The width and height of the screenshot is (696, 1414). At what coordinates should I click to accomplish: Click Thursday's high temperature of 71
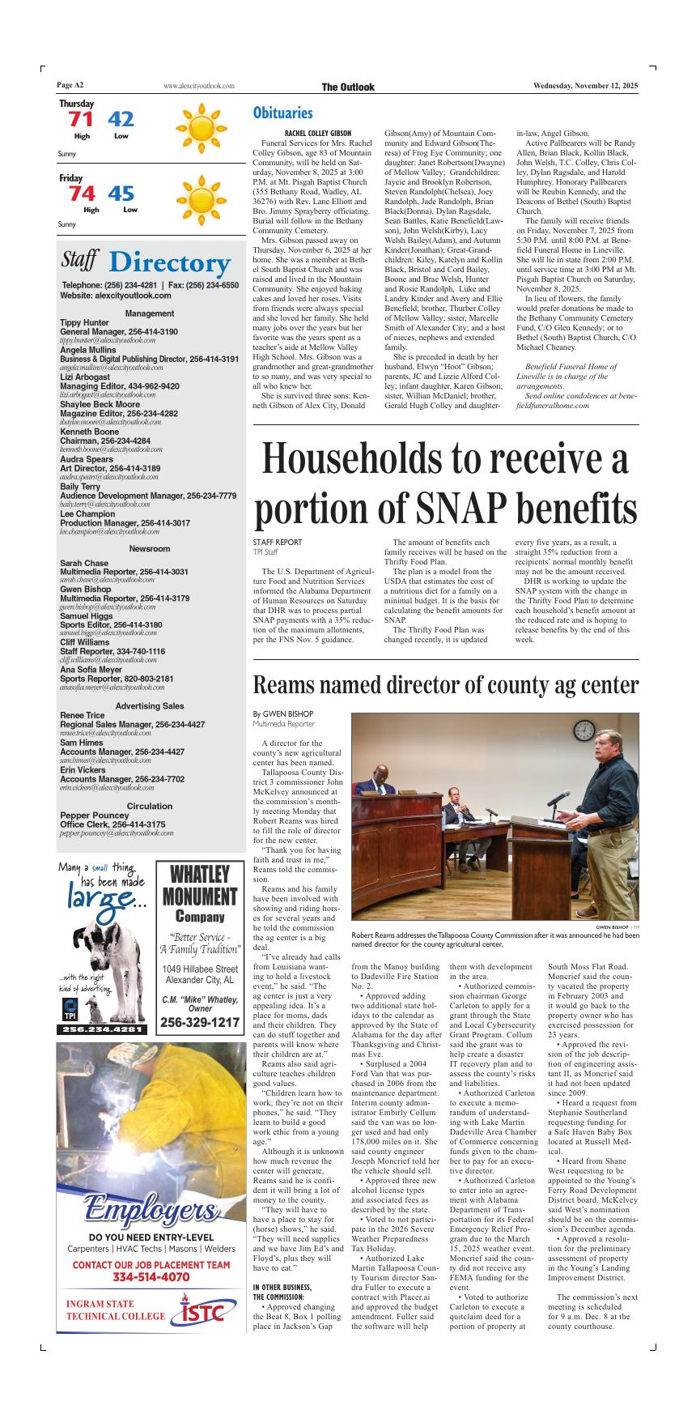click(x=80, y=120)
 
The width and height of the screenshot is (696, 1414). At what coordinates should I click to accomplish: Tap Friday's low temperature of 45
click(x=121, y=194)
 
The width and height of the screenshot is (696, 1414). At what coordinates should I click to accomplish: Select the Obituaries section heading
click(x=282, y=113)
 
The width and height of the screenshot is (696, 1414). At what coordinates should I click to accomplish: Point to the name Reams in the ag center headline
click(x=289, y=685)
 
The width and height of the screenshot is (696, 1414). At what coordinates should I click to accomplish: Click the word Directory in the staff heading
click(x=168, y=262)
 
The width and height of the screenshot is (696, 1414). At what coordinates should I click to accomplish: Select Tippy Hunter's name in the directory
click(x=84, y=322)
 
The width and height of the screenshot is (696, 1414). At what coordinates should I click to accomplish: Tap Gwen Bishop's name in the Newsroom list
click(x=85, y=590)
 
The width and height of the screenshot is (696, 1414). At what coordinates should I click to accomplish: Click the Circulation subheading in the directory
click(x=150, y=806)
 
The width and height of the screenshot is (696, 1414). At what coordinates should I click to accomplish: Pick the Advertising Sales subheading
click(x=150, y=706)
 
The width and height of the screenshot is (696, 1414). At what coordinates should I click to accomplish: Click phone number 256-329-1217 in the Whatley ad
click(x=200, y=1023)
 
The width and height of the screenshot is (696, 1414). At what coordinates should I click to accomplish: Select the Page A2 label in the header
click(x=70, y=86)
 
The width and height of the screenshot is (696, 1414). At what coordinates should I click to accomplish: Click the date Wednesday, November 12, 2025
click(x=585, y=87)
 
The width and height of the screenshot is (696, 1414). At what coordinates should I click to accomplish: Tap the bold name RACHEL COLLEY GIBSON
click(x=318, y=132)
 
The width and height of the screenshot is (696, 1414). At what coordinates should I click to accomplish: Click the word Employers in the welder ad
click(x=151, y=1212)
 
